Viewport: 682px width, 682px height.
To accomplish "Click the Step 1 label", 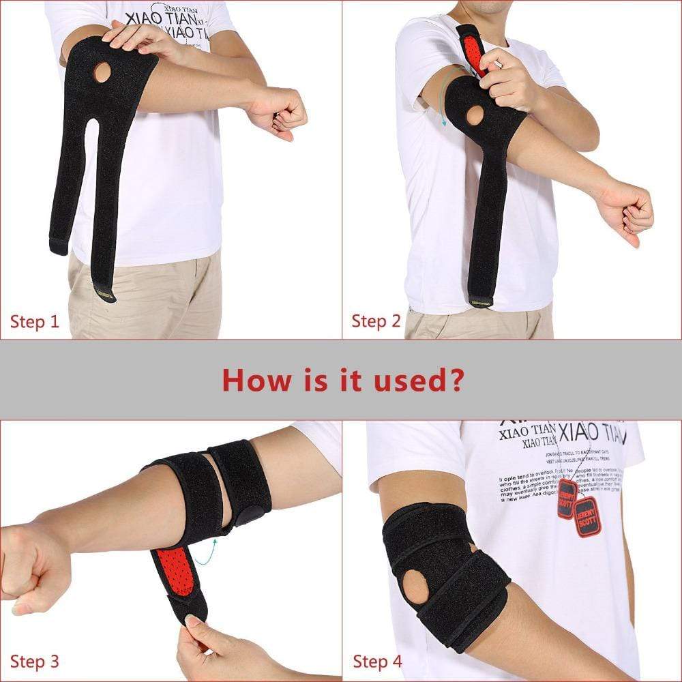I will click(x=35, y=321).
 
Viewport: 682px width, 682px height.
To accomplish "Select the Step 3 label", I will click(x=35, y=661).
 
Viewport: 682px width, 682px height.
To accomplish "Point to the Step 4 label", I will click(x=377, y=661).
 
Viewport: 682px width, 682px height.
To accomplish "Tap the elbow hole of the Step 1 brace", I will click(x=102, y=72).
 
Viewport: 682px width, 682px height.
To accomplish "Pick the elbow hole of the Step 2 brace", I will click(x=475, y=115).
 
